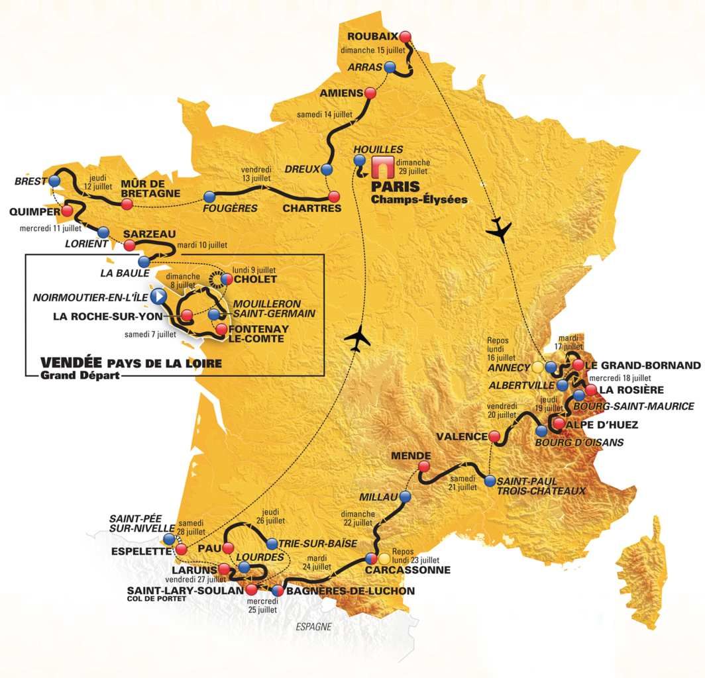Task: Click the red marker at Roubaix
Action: point(406,36)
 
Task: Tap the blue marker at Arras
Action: point(390,67)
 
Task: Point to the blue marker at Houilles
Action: point(359,160)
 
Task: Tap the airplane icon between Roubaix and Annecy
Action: point(498,228)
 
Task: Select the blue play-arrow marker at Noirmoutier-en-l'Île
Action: point(158,295)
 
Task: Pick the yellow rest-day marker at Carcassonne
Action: point(384,558)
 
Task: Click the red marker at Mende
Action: point(423,467)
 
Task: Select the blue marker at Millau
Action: point(404,497)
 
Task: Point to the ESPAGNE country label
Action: point(314,626)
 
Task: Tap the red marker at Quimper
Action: point(66,211)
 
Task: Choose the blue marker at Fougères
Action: point(210,197)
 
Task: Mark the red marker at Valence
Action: point(494,436)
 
